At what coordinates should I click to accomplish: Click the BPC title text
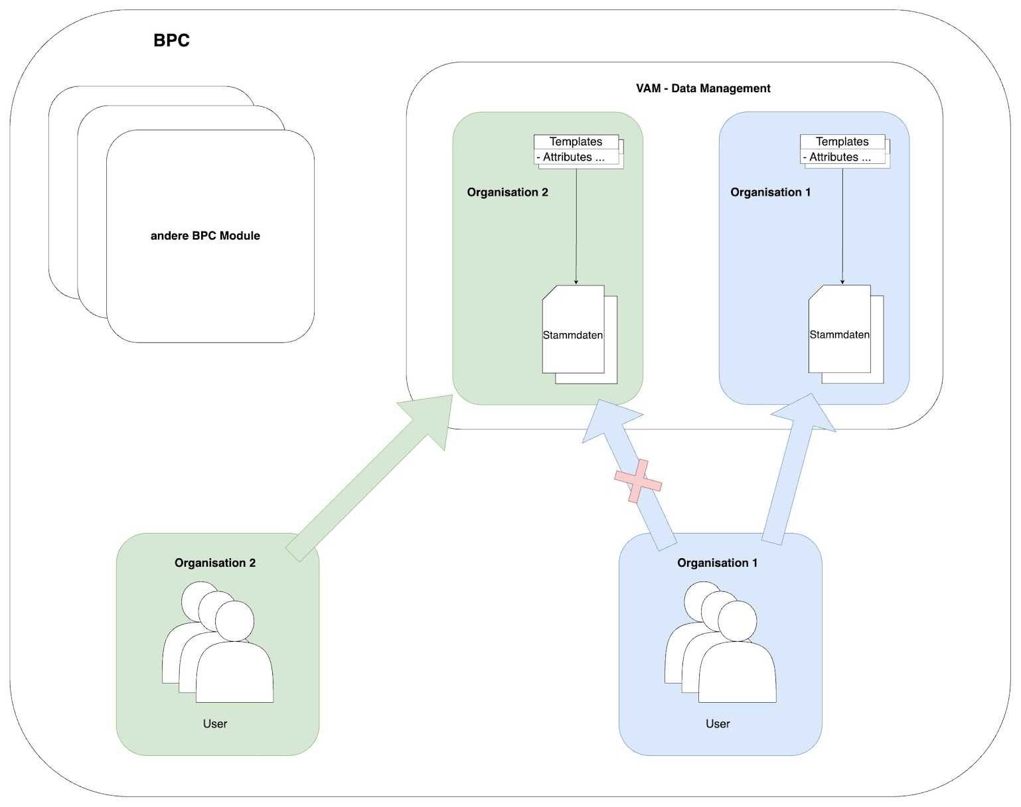(171, 40)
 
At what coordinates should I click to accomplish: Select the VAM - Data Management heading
(703, 88)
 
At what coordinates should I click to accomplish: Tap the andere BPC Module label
(205, 236)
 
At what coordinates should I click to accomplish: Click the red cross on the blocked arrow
(638, 481)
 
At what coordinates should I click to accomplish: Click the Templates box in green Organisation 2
(576, 142)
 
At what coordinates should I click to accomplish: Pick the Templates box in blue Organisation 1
(842, 142)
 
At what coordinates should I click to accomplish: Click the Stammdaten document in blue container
(840, 334)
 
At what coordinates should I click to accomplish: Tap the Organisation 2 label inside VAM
(508, 192)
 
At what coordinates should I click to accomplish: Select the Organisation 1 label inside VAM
(771, 192)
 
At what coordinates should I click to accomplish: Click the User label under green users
(215, 724)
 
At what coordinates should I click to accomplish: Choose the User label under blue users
(718, 724)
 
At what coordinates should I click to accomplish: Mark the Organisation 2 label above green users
(215, 563)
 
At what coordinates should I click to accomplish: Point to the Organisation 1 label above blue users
(718, 563)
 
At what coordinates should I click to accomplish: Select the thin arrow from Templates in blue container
(842, 226)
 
